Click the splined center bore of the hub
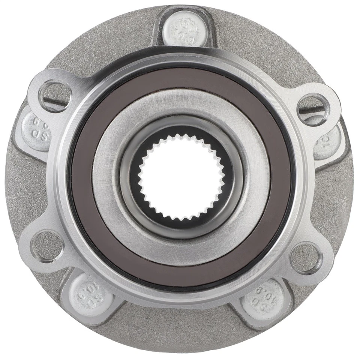180,177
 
